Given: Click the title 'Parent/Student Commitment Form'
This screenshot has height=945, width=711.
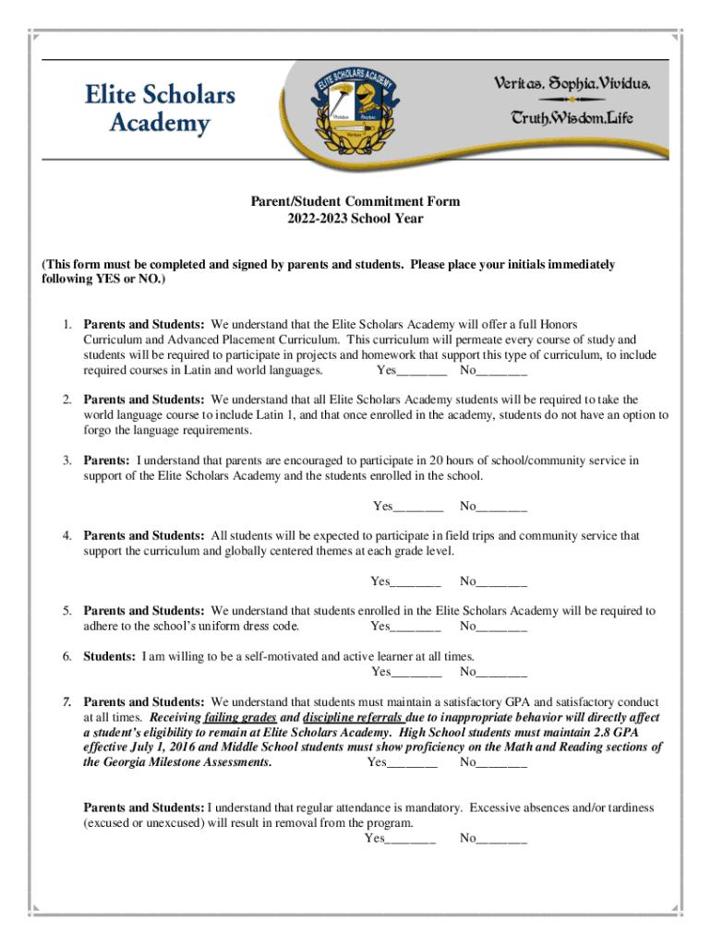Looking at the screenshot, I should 356,201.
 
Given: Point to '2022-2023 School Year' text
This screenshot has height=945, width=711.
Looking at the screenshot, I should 356,219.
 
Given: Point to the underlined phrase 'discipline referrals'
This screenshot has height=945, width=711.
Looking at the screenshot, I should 352,717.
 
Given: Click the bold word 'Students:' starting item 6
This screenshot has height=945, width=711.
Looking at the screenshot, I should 111,656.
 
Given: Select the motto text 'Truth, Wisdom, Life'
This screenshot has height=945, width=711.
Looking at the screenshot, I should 572,118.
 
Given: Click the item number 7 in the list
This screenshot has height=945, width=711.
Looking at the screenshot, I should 67,701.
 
